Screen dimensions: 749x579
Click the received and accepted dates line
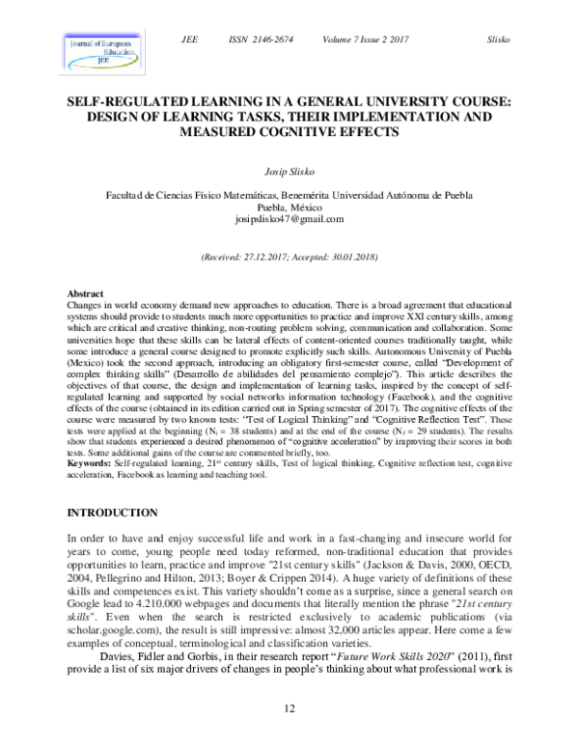click(x=289, y=258)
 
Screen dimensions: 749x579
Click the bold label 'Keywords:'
click(x=88, y=463)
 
